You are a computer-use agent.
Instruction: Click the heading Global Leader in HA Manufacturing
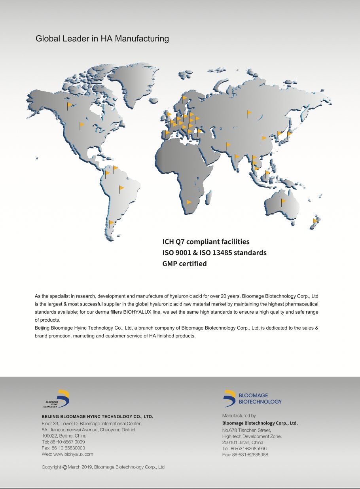pyautogui.click(x=102, y=39)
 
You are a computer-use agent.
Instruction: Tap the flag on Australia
pyautogui.click(x=283, y=202)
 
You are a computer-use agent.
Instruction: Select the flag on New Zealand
pyautogui.click(x=315, y=221)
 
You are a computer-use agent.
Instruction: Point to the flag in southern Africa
pyautogui.click(x=189, y=203)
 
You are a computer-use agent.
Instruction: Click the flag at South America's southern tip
pyautogui.click(x=111, y=224)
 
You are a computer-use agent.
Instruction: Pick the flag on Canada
pyautogui.click(x=69, y=105)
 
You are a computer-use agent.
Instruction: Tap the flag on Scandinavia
pyautogui.click(x=184, y=98)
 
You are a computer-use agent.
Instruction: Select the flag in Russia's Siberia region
pyautogui.click(x=249, y=113)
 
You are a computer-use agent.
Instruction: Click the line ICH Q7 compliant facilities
pyautogui.click(x=206, y=241)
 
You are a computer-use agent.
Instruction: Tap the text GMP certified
pyautogui.click(x=184, y=263)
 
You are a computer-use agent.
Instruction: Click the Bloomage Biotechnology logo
pyautogui.click(x=252, y=398)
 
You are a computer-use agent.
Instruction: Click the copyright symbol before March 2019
pyautogui.click(x=65, y=467)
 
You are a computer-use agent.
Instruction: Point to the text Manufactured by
pyautogui.click(x=239, y=416)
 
